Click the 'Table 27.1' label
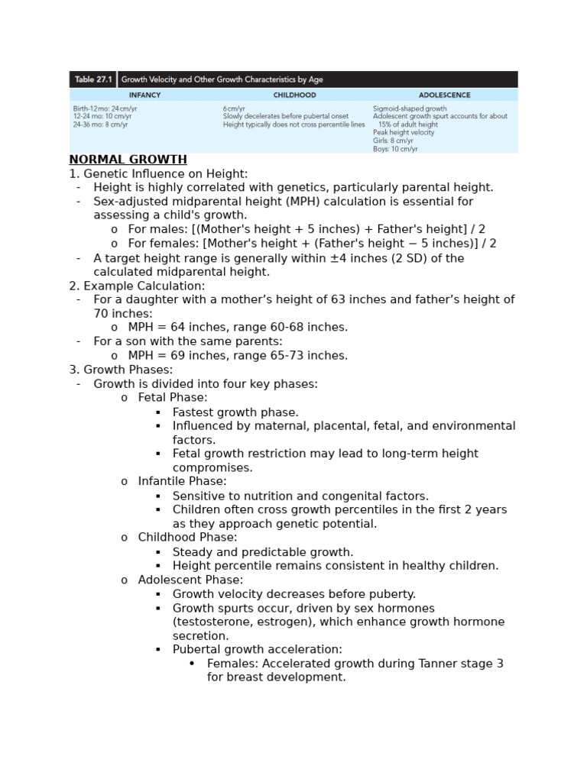tap(93, 79)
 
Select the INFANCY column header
tap(144, 95)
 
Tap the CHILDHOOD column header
tap(294, 95)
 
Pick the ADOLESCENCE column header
tap(444, 95)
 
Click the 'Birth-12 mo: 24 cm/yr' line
tap(105, 108)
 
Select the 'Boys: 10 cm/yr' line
tap(395, 149)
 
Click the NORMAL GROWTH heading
tap(128, 160)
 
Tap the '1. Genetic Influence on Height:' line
tap(158, 174)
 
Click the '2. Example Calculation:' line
tap(137, 286)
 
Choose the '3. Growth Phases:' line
tap(121, 370)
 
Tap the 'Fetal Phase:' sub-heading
tap(173, 398)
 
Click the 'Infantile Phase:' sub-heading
tap(183, 481)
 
